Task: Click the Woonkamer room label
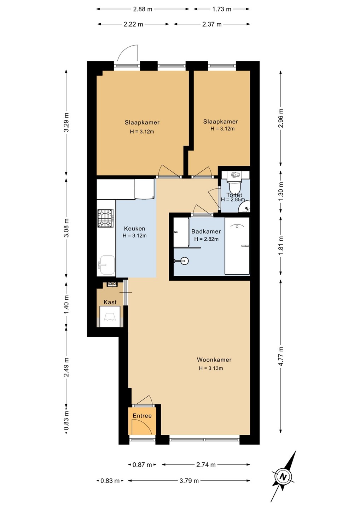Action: [214, 360]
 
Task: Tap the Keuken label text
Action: [134, 229]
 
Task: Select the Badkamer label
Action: [206, 232]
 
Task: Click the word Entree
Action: [142, 416]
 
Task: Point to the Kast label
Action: [110, 302]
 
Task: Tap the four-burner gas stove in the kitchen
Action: [105, 218]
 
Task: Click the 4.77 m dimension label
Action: [281, 356]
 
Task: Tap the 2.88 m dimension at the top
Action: [143, 9]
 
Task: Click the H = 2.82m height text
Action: [207, 239]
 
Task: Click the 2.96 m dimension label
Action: [281, 118]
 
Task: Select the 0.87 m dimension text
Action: [142, 465]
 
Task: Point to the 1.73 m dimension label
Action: [221, 9]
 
